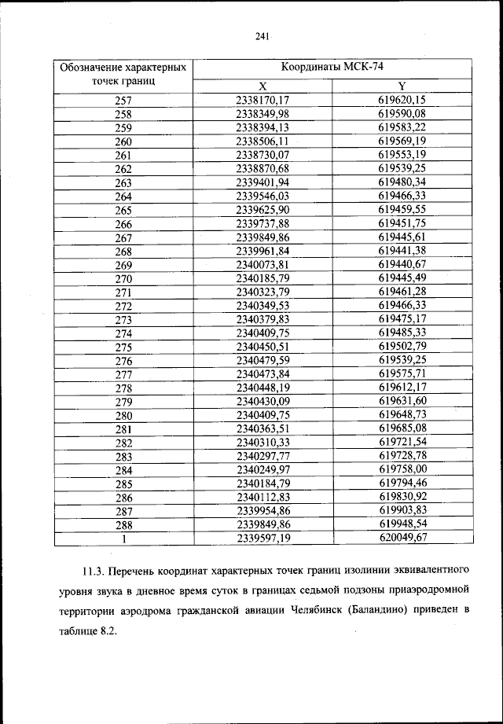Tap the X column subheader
point(263,86)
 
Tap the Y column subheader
point(402,86)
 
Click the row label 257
point(123,100)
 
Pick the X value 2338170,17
point(263,100)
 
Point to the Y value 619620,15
point(402,100)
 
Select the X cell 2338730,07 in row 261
point(263,155)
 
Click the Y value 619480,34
point(402,182)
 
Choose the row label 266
point(123,224)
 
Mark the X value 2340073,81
point(263,265)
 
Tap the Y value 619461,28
point(402,292)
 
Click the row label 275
point(123,347)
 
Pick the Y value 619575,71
point(402,374)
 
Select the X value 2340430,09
point(263,402)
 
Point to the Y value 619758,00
point(402,470)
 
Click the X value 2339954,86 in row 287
point(263,511)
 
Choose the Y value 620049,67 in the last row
point(402,538)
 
